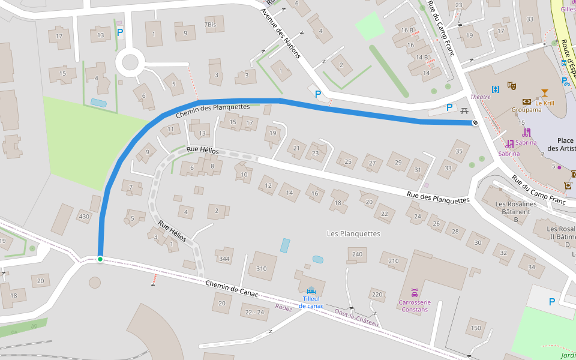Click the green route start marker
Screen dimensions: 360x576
point(100,259)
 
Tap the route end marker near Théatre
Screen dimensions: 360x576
point(475,123)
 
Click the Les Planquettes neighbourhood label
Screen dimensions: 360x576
point(353,233)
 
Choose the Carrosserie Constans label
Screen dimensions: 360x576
point(415,306)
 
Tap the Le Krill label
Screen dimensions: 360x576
point(545,103)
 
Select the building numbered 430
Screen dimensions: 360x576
point(84,217)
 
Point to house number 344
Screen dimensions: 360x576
point(224,259)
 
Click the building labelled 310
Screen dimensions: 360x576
point(262,268)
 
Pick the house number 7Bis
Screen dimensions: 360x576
point(210,25)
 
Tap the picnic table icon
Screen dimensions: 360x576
point(463,110)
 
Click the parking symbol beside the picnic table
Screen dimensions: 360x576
point(449,107)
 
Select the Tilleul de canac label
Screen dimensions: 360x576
point(311,302)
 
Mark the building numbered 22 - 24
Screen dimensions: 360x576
point(254,312)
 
